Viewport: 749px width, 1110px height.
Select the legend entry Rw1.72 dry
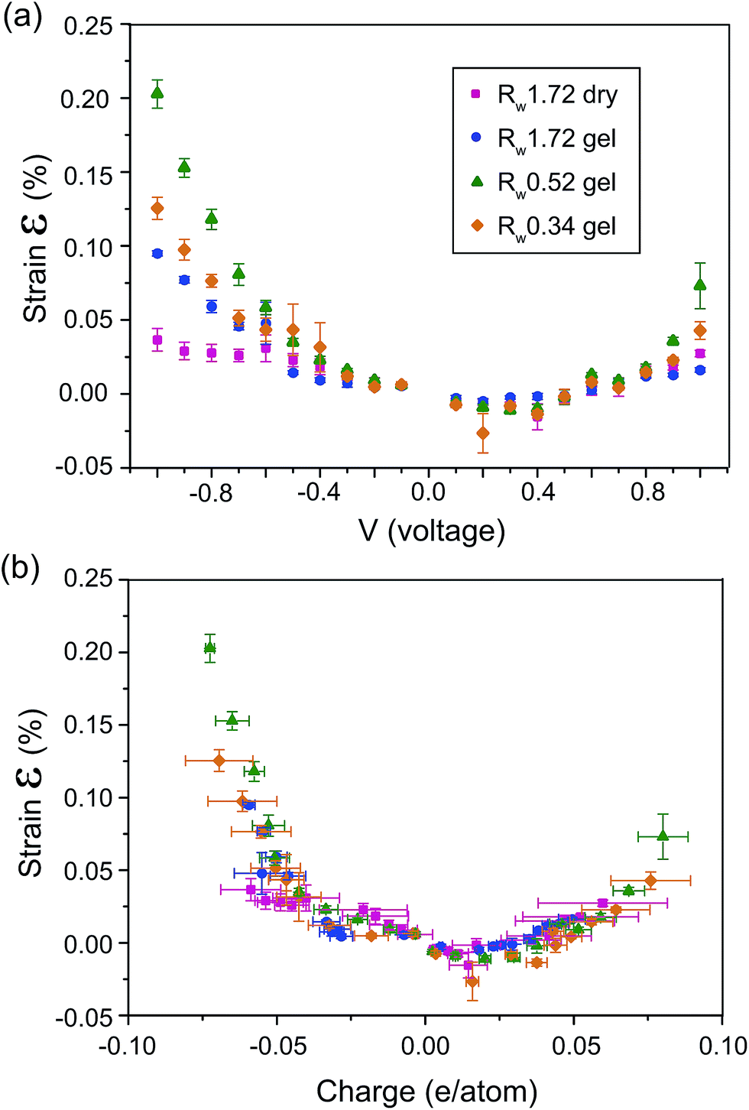(557, 95)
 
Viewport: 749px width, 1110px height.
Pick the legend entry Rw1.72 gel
(557, 138)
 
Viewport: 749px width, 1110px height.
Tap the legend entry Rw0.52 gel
(557, 183)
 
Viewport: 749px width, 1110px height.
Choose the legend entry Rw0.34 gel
(557, 226)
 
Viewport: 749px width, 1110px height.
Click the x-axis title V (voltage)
(432, 531)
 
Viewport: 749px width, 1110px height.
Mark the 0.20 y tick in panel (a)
(85, 99)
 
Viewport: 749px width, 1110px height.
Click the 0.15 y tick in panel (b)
(85, 725)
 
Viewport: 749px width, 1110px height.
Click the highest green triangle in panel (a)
(157, 93)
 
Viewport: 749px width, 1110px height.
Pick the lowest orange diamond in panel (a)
(482, 433)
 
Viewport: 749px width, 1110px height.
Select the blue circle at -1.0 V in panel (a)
(157, 254)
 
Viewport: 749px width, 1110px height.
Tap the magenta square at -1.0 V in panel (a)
(157, 340)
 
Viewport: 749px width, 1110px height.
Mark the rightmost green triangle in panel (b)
(663, 836)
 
